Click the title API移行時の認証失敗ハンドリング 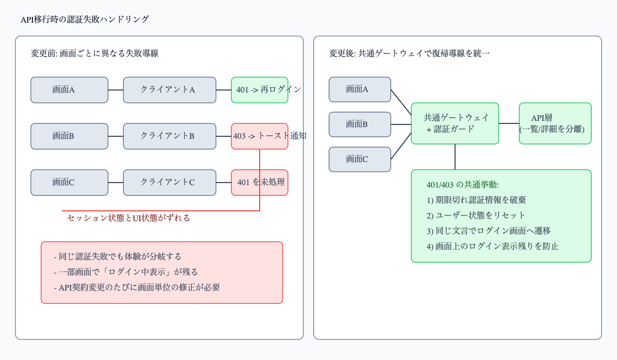tap(84, 20)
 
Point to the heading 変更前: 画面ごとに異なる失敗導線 tap(95, 53)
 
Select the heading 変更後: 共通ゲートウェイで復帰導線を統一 tap(409, 53)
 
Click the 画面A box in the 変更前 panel tap(69, 90)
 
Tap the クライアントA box tap(170, 90)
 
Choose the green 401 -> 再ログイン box tap(260, 90)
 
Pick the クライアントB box tap(170, 136)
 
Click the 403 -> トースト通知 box tap(260, 136)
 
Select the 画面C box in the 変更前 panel tap(69, 183)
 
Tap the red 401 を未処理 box tap(260, 183)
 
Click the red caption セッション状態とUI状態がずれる tap(129, 218)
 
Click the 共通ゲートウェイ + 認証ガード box tap(455, 123)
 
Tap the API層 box tap(555, 123)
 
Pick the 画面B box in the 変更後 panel tap(360, 124)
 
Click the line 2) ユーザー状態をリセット tap(476, 215)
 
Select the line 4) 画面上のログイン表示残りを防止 tap(492, 246)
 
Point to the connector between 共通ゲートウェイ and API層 tap(509, 123)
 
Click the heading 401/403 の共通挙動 tap(462, 185)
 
